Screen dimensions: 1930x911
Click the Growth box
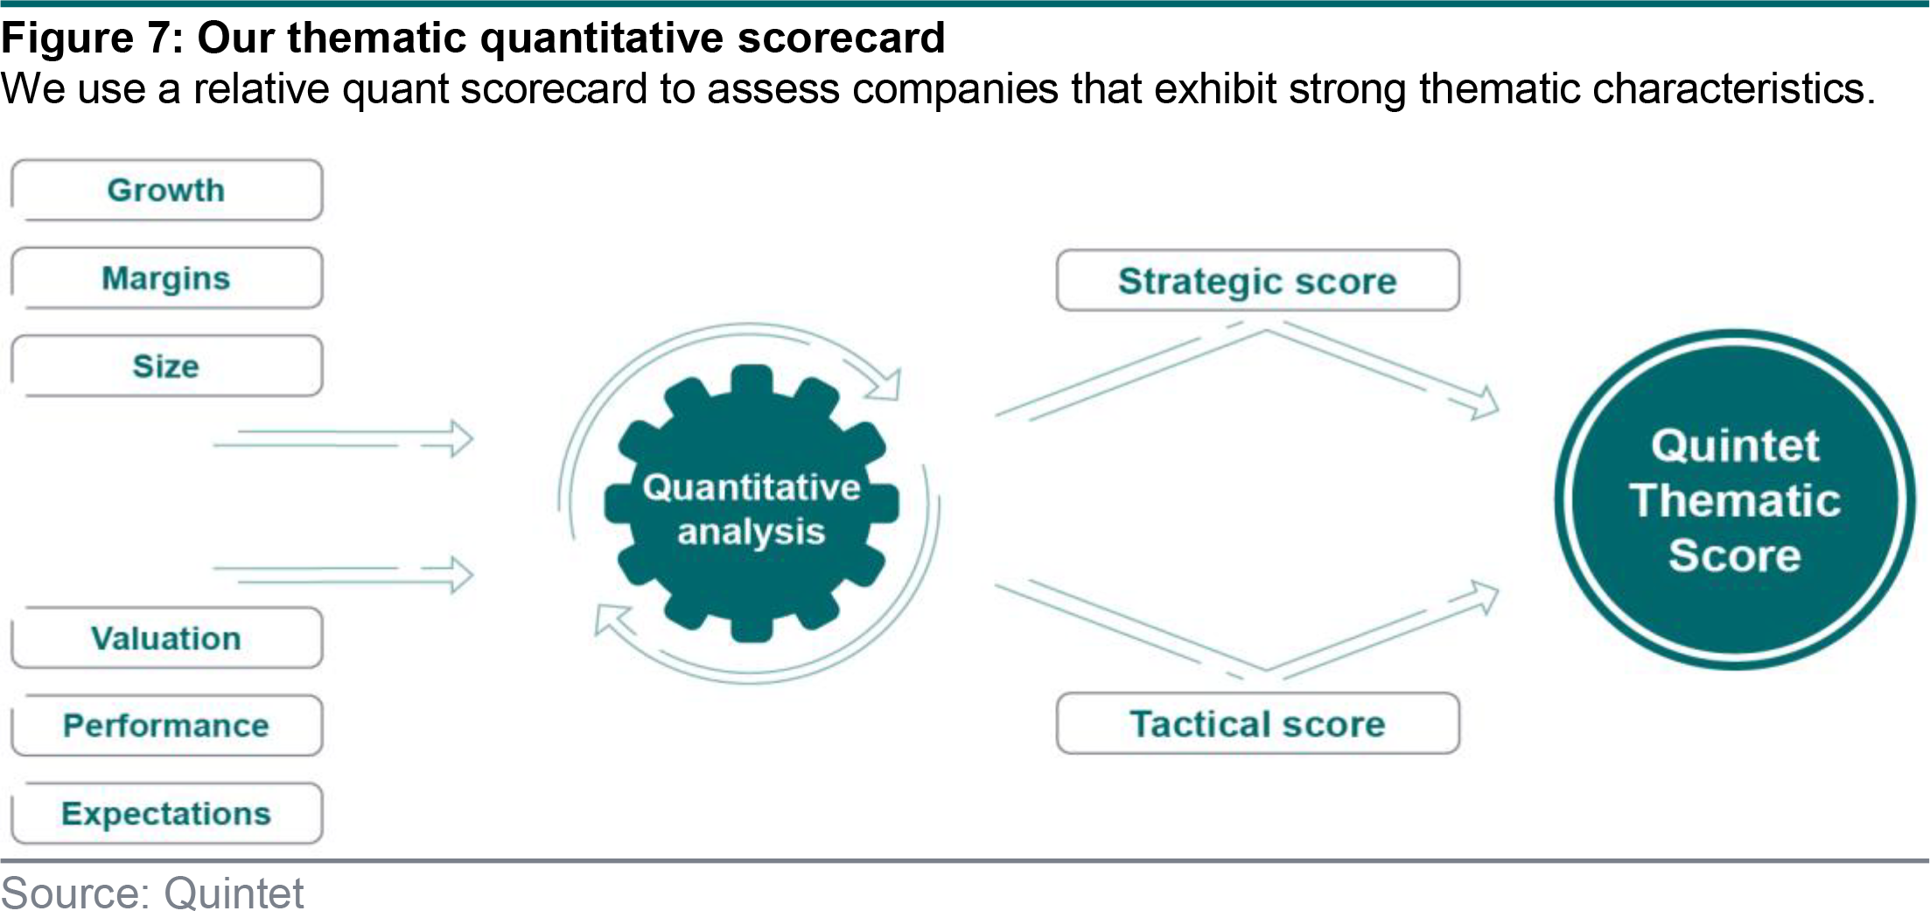click(x=166, y=190)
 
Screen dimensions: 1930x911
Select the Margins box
click(x=166, y=278)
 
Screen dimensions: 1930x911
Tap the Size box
click(x=166, y=366)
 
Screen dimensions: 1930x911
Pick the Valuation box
click(x=166, y=638)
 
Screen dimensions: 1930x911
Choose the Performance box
click(x=166, y=725)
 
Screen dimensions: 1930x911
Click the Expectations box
click(x=166, y=814)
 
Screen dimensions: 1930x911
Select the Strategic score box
click(x=1258, y=281)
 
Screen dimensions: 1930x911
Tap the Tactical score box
click(x=1258, y=724)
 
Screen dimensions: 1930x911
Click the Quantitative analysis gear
click(x=752, y=504)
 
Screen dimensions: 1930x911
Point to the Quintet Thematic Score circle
click(x=1735, y=500)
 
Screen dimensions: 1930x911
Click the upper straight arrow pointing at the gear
click(x=343, y=438)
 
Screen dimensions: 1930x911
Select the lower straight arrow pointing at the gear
click(x=343, y=575)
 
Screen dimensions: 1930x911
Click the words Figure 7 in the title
click(x=91, y=39)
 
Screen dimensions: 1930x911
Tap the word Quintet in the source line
click(x=234, y=893)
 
